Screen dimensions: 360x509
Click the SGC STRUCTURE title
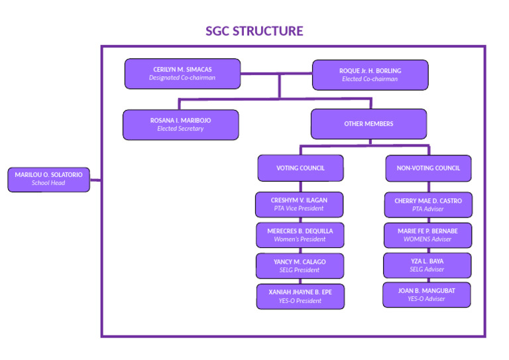tap(254, 31)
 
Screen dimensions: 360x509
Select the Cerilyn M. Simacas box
tap(182, 74)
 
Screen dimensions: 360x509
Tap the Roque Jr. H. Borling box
tap(370, 75)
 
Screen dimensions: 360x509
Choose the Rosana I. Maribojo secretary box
tap(180, 125)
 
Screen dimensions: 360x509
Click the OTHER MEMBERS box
tap(368, 124)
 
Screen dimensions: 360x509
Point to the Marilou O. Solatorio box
tap(48, 178)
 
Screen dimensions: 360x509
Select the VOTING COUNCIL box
tap(300, 168)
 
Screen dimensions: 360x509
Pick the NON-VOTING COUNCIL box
tap(428, 168)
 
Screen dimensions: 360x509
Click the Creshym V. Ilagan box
tap(299, 204)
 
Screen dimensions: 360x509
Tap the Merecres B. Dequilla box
tap(300, 235)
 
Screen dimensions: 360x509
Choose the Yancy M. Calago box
tap(300, 266)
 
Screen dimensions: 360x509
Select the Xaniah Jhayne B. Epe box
tap(300, 296)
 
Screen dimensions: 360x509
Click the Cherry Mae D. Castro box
tap(428, 205)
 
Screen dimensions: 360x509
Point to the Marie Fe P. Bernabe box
tap(428, 235)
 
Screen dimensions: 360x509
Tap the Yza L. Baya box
tap(427, 265)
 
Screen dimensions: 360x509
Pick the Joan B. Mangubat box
tap(426, 294)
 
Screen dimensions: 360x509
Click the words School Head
tap(48, 183)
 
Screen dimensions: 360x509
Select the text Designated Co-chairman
tap(182, 78)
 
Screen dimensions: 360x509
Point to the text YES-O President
tap(300, 301)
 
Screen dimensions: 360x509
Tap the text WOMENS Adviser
tap(428, 239)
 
